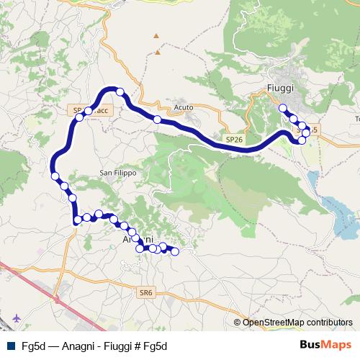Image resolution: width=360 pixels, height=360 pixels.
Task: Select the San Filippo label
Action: pyautogui.click(x=117, y=173)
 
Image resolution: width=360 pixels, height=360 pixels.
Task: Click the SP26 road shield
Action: pyautogui.click(x=233, y=138)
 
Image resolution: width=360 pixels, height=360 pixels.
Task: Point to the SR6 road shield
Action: pyautogui.click(x=147, y=292)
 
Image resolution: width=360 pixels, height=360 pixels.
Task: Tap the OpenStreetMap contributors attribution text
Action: pyautogui.click(x=297, y=322)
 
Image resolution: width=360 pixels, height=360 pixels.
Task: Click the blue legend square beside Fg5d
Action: pyautogui.click(x=9, y=344)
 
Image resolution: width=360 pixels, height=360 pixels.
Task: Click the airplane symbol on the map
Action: pyautogui.click(x=16, y=317)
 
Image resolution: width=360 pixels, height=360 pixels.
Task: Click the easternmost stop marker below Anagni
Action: pyautogui.click(x=174, y=251)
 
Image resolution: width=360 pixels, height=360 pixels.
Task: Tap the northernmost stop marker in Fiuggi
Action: pyautogui.click(x=283, y=109)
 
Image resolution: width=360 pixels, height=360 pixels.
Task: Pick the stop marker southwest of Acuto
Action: pyautogui.click(x=157, y=120)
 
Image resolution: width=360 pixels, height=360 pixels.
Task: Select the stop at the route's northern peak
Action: pyautogui.click(x=120, y=92)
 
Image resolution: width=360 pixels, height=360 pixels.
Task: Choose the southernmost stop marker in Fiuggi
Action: pyautogui.click(x=302, y=140)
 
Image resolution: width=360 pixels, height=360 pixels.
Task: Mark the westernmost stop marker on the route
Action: pyautogui.click(x=55, y=176)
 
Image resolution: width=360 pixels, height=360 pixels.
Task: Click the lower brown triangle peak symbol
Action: pyautogui.click(x=156, y=53)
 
